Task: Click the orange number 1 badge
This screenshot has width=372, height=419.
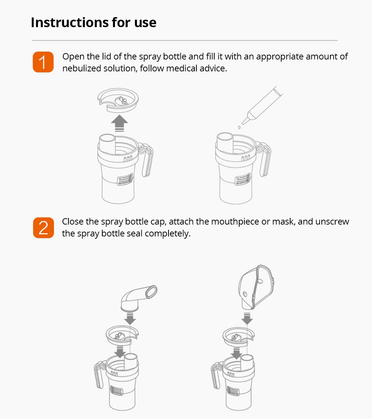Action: (x=43, y=62)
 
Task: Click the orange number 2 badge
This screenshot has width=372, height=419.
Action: (x=43, y=228)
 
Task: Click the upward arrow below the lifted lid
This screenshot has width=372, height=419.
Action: (x=119, y=123)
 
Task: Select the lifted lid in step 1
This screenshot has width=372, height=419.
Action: (x=118, y=100)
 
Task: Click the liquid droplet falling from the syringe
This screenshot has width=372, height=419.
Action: (x=239, y=128)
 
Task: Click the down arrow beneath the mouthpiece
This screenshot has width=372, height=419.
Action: (x=130, y=319)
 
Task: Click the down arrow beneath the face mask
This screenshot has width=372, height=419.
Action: (x=247, y=319)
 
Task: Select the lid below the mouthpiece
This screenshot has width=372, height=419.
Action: (x=122, y=335)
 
